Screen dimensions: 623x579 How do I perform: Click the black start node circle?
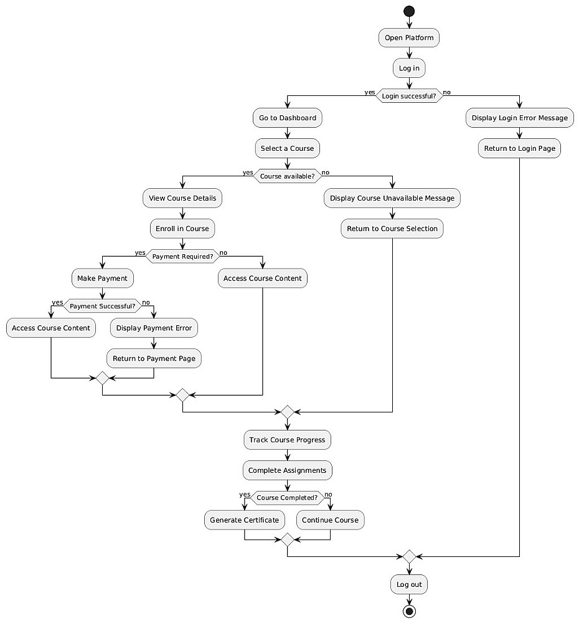tap(409, 11)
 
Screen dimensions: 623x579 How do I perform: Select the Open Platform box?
tap(409, 38)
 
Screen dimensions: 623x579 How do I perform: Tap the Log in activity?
tap(409, 68)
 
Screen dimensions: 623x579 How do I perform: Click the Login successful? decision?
tap(409, 96)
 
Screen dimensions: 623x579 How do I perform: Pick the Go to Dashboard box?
tap(288, 118)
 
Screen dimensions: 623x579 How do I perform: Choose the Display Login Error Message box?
tap(519, 118)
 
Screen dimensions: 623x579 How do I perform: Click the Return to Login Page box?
tap(519, 148)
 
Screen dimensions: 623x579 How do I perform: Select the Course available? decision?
tap(287, 176)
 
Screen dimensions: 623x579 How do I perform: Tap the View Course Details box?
tap(182, 199)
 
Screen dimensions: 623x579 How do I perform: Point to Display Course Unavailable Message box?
tap(392, 199)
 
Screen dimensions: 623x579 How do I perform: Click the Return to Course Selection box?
tap(392, 229)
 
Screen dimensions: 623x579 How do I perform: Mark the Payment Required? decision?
tap(182, 256)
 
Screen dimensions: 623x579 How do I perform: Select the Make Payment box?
tap(103, 278)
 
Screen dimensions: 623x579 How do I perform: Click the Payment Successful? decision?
tap(102, 306)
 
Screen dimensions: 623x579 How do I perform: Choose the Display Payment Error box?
tap(154, 328)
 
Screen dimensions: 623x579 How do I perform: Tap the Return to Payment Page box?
tap(154, 358)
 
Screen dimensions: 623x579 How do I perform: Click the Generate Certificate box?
tap(245, 520)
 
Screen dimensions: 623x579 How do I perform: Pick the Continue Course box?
tap(330, 520)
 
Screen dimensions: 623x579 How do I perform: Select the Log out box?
tap(409, 585)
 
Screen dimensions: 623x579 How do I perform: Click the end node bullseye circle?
tap(409, 611)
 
